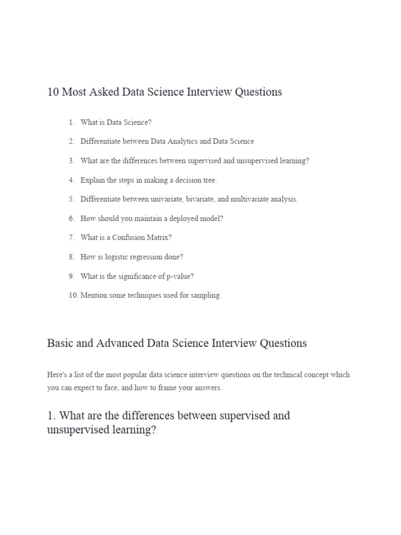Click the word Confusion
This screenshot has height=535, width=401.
pos(129,237)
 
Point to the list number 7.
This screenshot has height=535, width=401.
pos(72,237)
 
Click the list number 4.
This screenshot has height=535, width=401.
pos(72,180)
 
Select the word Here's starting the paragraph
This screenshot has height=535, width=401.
pos(57,375)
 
